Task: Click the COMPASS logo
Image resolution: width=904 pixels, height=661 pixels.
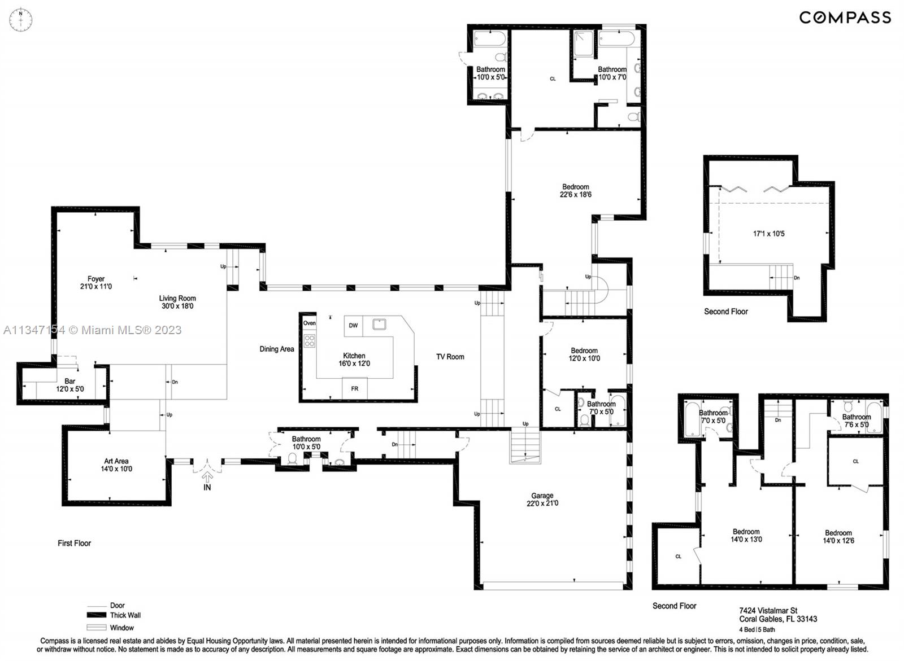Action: click(x=845, y=17)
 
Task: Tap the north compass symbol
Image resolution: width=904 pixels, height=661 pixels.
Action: click(x=21, y=20)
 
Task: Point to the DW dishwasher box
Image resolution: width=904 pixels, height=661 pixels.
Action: click(x=353, y=326)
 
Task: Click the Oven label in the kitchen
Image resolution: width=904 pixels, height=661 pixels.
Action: click(x=310, y=323)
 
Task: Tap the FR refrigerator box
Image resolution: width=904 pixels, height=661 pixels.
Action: click(x=354, y=388)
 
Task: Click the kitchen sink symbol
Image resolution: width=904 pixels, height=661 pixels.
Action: click(x=379, y=324)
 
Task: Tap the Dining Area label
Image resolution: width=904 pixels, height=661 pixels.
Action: click(x=277, y=349)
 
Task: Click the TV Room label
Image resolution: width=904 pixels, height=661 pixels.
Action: click(x=450, y=357)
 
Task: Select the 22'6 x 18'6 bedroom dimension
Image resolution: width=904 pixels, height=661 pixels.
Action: click(x=576, y=195)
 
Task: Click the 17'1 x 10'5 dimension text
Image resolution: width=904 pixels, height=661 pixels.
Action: click(x=768, y=233)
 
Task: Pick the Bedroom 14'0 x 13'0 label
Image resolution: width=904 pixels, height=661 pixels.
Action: click(x=746, y=535)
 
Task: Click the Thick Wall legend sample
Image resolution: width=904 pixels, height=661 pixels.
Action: click(x=97, y=615)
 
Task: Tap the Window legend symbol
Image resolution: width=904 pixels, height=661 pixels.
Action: click(x=97, y=628)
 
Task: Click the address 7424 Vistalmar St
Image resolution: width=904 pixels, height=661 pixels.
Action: click(x=768, y=610)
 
